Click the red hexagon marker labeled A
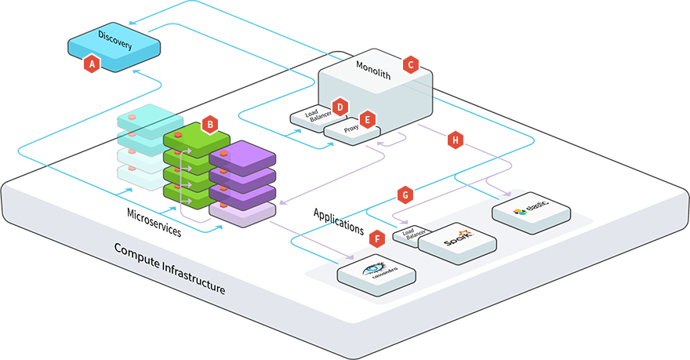tap(92, 64)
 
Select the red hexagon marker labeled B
tap(209, 123)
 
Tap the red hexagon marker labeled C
tap(409, 65)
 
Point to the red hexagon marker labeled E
tap(367, 121)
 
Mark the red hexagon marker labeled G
tap(405, 193)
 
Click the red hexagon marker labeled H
tap(455, 140)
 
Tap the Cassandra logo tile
tap(376, 271)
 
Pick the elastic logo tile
tap(531, 210)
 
